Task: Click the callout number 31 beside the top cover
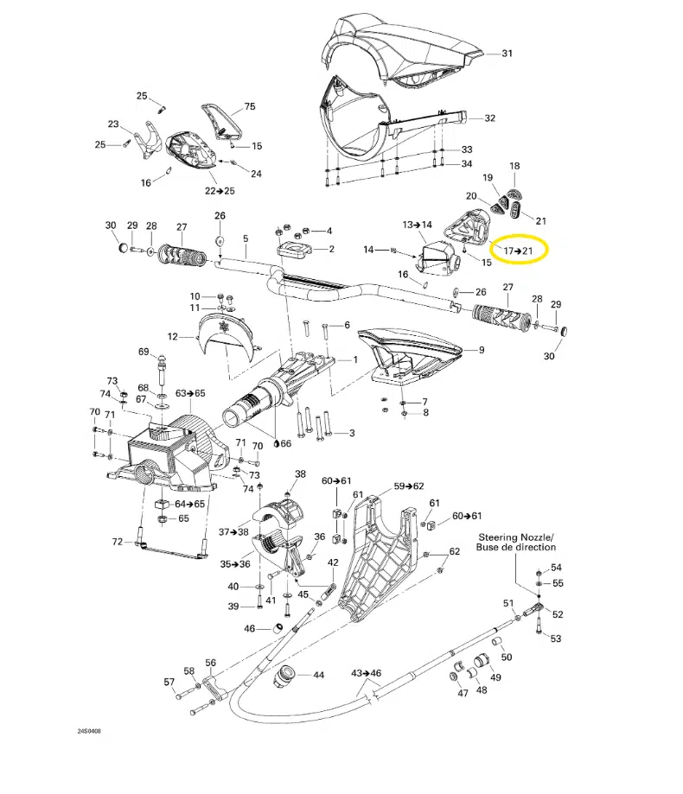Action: (507, 53)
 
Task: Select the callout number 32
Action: (489, 118)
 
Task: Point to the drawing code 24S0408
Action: (89, 730)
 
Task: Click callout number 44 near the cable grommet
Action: (318, 675)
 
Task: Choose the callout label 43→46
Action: (367, 672)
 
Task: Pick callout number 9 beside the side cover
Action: (482, 350)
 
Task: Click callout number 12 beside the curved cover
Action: (173, 336)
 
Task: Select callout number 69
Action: (144, 352)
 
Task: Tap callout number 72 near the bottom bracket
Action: (118, 542)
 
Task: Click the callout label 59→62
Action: (409, 486)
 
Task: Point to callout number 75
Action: (250, 107)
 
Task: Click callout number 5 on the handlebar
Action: (245, 238)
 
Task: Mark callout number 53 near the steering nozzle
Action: (555, 638)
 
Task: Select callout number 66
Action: (285, 444)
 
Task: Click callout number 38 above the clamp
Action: (300, 473)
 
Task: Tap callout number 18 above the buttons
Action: (514, 166)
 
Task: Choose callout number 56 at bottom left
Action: (210, 663)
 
